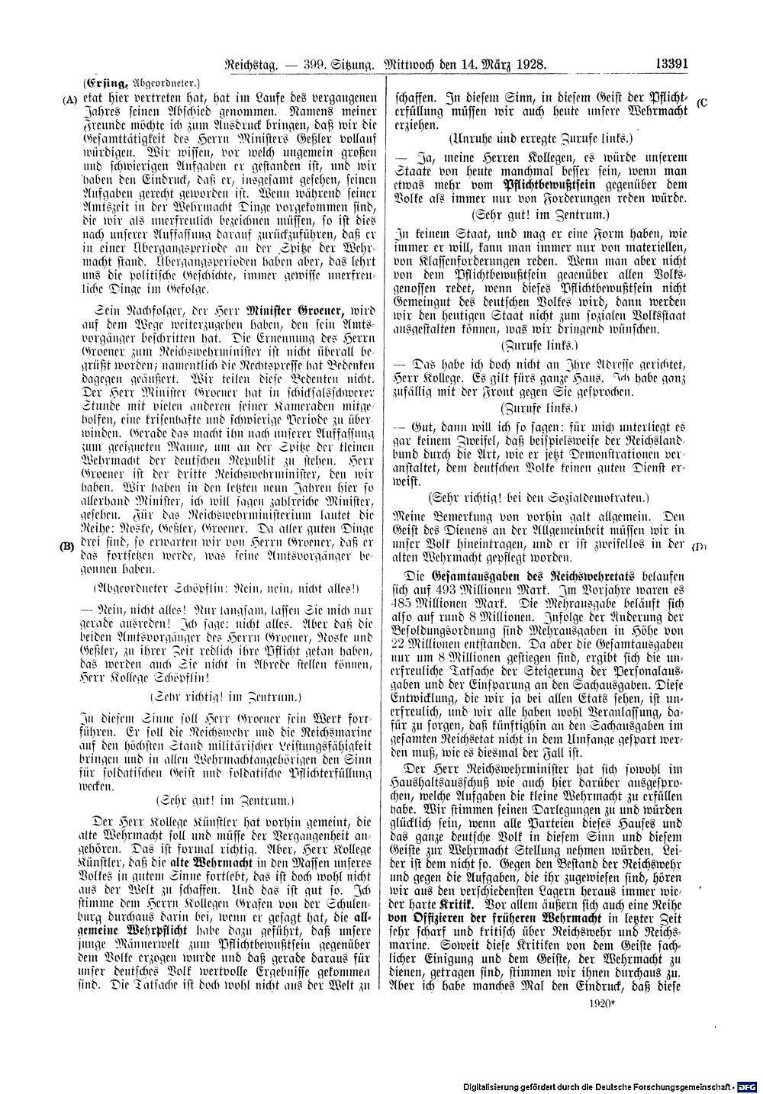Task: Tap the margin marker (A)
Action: pos(71,98)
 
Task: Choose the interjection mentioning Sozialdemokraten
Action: pos(538,497)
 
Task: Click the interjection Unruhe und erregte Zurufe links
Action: pos(538,140)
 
